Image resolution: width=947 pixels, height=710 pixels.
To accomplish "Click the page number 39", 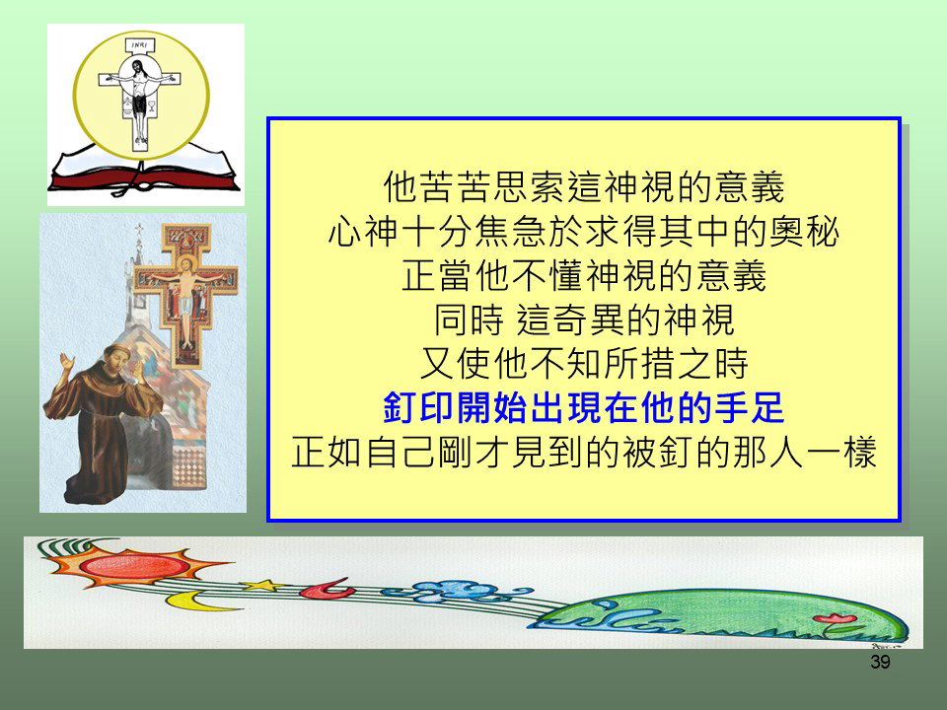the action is click(x=880, y=662).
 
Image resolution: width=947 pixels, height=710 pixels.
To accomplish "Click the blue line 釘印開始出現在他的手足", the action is click(x=583, y=407).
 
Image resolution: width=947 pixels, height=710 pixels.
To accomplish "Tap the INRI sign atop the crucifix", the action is click(x=140, y=45).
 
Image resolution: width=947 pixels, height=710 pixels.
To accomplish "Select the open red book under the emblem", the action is click(x=144, y=171).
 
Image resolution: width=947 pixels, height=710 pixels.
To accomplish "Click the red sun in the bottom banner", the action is click(x=134, y=565).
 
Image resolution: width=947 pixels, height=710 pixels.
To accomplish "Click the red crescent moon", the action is click(x=328, y=589).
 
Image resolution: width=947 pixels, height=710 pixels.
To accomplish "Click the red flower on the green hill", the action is click(x=836, y=618).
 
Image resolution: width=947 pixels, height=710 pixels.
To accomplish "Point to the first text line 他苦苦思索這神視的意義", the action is click(x=583, y=186).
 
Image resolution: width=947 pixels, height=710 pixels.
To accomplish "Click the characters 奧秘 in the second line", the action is click(x=804, y=231).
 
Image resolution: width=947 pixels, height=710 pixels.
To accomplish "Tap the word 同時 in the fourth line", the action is click(x=469, y=319).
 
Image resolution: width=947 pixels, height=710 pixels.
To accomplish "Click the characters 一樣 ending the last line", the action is click(x=841, y=452).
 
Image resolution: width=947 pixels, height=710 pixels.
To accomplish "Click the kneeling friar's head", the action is click(x=117, y=359).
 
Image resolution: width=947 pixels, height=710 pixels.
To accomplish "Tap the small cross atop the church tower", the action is click(x=139, y=232).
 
